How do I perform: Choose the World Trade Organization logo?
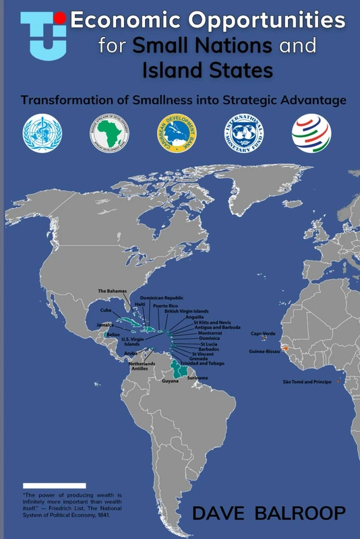click(x=311, y=131)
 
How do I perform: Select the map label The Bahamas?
click(x=113, y=291)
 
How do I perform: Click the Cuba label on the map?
click(x=105, y=310)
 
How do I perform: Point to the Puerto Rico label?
click(x=166, y=306)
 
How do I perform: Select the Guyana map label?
click(x=170, y=381)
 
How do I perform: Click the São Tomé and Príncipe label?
click(x=307, y=382)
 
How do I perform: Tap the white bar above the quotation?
click(x=54, y=485)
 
